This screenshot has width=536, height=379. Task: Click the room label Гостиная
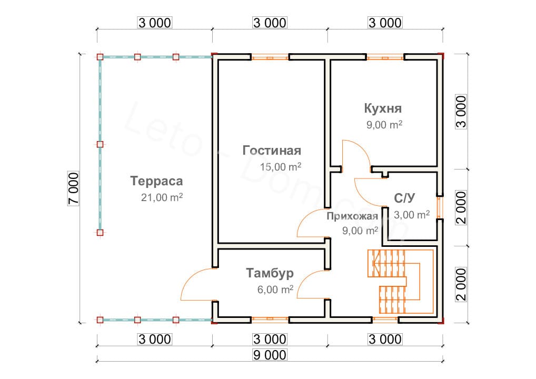272,151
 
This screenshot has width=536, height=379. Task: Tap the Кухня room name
383,108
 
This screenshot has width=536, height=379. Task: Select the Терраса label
156,181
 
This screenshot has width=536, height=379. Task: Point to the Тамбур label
270,273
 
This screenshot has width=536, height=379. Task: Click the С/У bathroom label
404,198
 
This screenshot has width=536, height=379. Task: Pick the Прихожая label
352,216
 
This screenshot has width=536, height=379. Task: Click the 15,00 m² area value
281,167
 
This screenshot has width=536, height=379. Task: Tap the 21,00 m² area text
162,197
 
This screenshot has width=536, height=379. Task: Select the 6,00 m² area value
275,290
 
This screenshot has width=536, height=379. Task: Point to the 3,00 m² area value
412,215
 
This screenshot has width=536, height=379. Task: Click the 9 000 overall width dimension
270,355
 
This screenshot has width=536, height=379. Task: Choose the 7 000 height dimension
74,188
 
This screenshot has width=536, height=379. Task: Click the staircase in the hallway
400,282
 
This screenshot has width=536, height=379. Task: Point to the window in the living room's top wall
270,57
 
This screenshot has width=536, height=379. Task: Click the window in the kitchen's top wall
385,57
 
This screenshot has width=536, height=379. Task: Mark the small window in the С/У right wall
440,208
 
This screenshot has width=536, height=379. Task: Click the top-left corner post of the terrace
100,57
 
